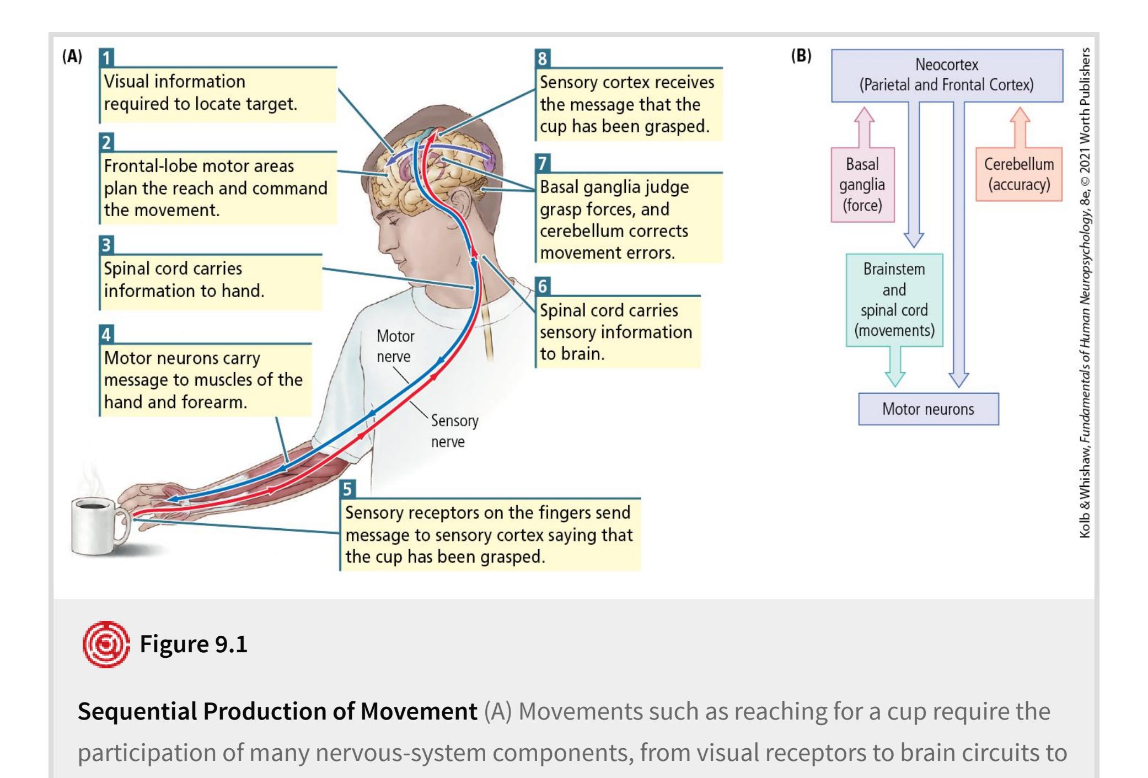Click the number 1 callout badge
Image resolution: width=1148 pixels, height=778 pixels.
click(x=107, y=58)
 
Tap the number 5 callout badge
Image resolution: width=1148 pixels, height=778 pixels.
click(x=347, y=489)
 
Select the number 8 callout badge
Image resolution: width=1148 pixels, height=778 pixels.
click(x=543, y=58)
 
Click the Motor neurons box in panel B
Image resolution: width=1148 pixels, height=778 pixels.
click(x=928, y=409)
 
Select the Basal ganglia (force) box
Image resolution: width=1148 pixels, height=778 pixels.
click(x=862, y=185)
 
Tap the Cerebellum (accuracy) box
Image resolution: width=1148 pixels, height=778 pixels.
click(x=1018, y=174)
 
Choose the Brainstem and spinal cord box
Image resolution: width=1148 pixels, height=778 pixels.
click(x=894, y=300)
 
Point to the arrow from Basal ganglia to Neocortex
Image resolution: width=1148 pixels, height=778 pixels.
click(x=864, y=126)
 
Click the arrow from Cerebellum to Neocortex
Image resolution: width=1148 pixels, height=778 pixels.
click(x=1020, y=126)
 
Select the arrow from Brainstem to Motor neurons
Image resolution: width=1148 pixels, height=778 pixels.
click(x=895, y=367)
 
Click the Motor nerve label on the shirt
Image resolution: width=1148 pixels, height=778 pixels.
click(x=394, y=346)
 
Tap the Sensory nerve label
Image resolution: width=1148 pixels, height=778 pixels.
click(x=454, y=431)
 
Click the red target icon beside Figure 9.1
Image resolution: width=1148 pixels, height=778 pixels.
click(x=105, y=644)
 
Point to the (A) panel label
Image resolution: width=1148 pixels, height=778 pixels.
click(x=72, y=57)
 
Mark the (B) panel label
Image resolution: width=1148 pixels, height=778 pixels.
click(x=801, y=56)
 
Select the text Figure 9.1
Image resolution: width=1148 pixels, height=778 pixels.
click(x=194, y=644)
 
